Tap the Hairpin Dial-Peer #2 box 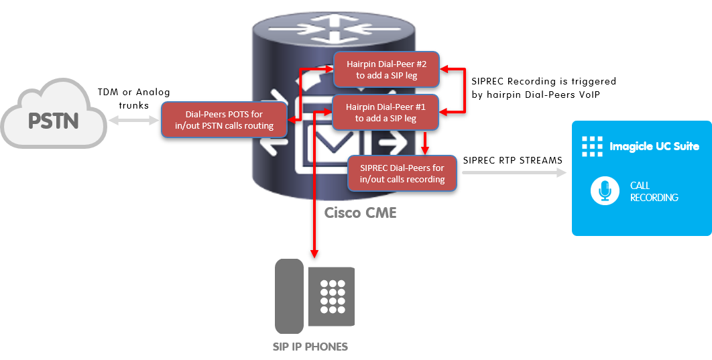click(x=387, y=70)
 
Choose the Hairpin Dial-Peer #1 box click(x=386, y=112)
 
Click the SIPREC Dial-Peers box click(x=402, y=173)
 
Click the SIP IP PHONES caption click(x=310, y=347)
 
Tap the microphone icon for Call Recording click(x=605, y=191)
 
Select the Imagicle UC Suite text click(x=654, y=146)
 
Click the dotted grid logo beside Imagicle click(x=592, y=146)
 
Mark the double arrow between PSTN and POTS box click(x=134, y=120)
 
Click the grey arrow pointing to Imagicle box click(x=513, y=173)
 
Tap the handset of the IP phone click(x=289, y=296)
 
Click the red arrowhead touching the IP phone click(x=313, y=253)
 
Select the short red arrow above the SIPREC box click(x=424, y=142)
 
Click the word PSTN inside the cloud click(x=54, y=121)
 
